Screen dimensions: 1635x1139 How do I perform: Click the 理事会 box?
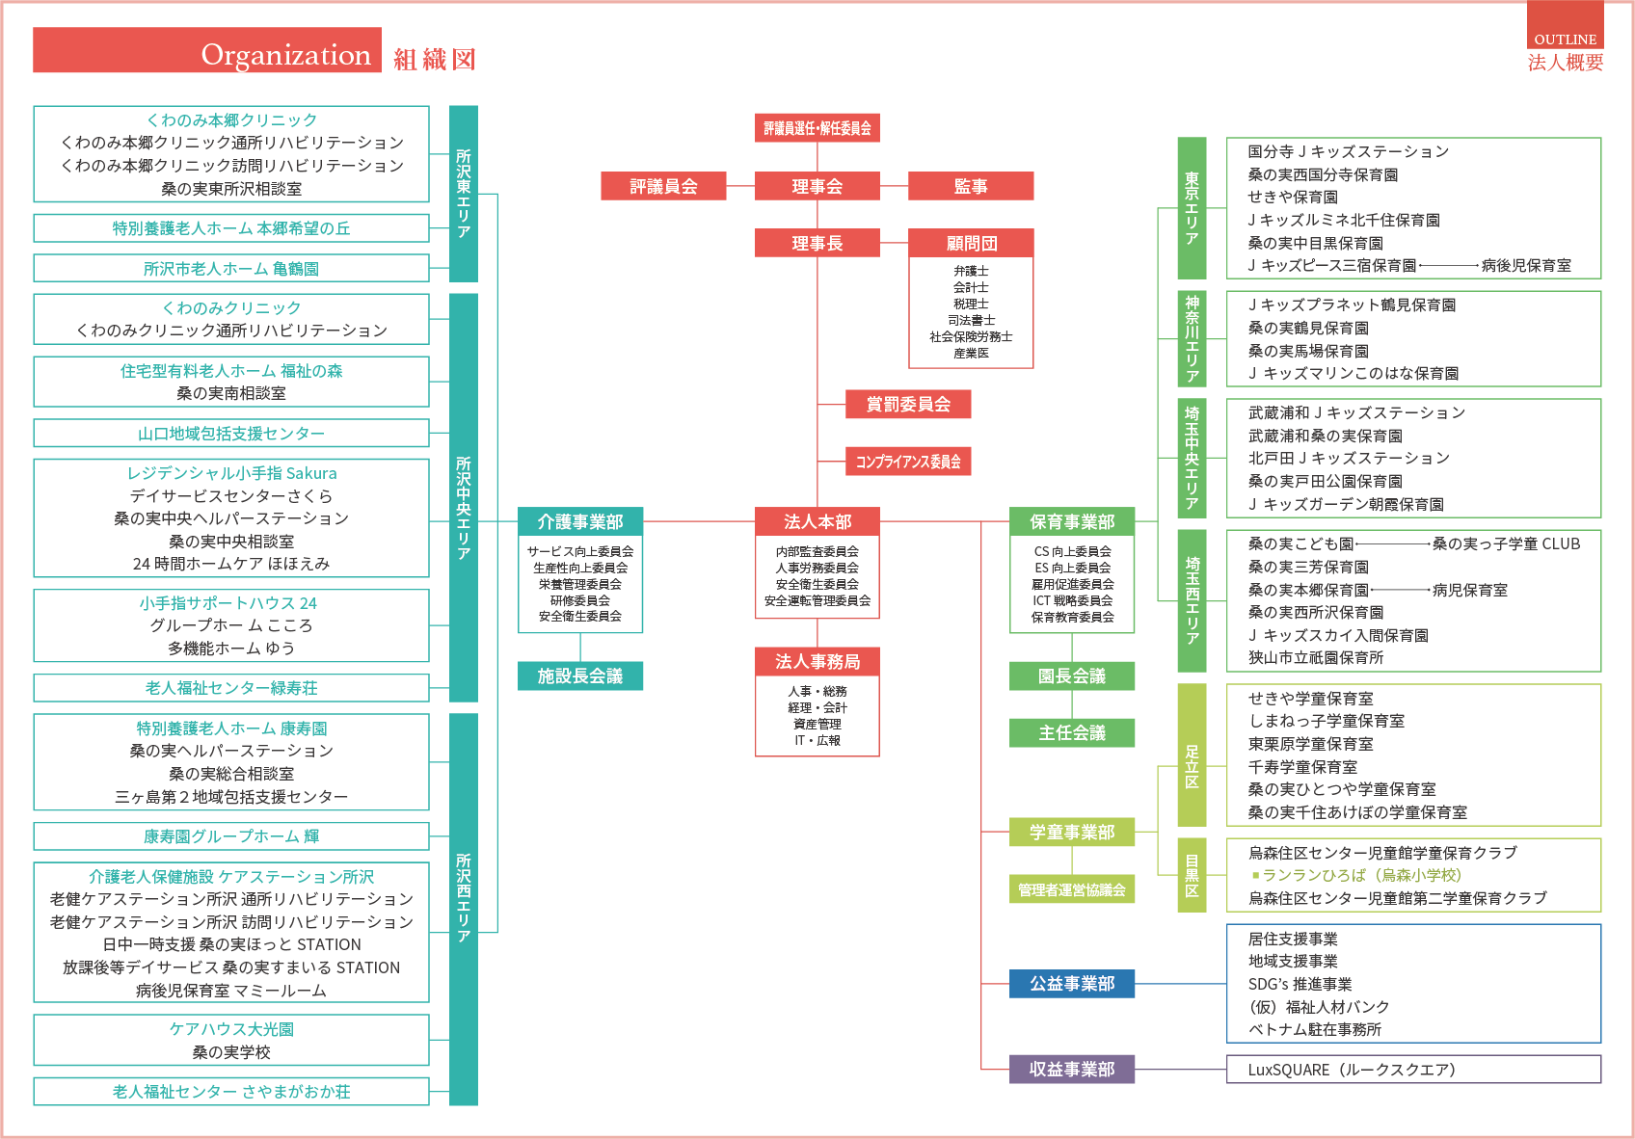tap(817, 186)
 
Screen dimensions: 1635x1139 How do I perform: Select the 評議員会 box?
tap(663, 186)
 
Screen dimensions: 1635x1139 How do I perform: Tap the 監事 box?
tap(971, 186)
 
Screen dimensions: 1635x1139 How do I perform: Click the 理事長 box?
tap(817, 243)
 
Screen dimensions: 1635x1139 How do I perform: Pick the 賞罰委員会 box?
tap(908, 404)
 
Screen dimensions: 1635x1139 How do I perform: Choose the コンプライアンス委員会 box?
tap(908, 462)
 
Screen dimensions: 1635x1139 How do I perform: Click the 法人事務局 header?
tap(817, 662)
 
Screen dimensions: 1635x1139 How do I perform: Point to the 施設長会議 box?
tap(580, 675)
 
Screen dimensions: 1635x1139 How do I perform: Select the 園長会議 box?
tap(1071, 675)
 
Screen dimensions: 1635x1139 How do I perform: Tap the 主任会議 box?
tap(1071, 732)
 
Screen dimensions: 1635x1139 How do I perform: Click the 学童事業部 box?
tap(1071, 832)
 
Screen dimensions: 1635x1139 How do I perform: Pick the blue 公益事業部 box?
tap(1071, 984)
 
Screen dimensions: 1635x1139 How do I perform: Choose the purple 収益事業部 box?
tap(1071, 1069)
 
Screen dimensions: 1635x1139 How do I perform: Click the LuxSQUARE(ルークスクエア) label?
tap(1352, 1070)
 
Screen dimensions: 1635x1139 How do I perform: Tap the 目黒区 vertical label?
tap(1192, 875)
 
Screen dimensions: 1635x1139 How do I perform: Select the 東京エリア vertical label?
tap(1192, 208)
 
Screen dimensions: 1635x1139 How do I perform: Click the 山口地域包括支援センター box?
tap(231, 434)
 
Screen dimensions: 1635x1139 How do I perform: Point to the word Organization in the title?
tap(286, 55)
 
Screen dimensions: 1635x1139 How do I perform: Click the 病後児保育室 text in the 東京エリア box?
tap(1526, 266)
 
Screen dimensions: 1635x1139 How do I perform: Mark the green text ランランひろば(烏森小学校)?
tap(1357, 875)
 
